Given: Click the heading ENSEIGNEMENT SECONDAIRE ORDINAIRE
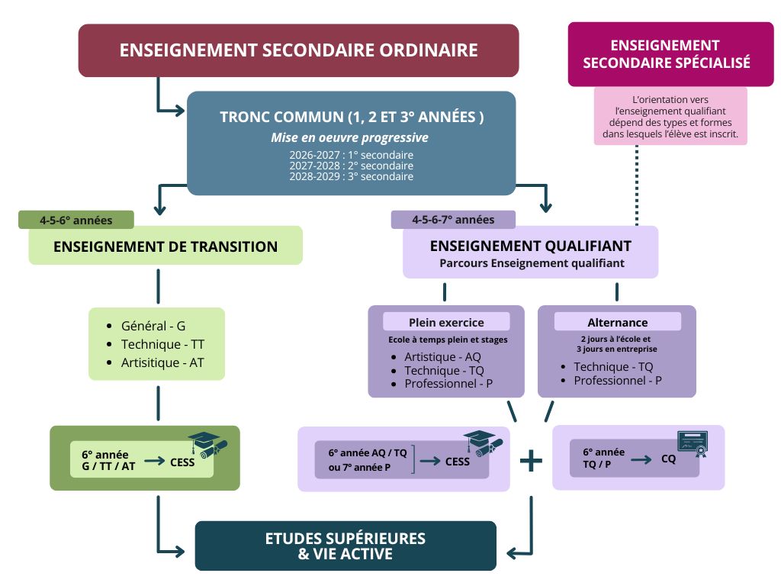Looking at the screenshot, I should pyautogui.click(x=298, y=50).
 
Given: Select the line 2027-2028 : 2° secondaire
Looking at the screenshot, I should pyautogui.click(x=351, y=166).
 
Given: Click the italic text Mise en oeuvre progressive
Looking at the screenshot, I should pyautogui.click(x=349, y=138).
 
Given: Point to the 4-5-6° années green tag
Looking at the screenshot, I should pyautogui.click(x=76, y=221).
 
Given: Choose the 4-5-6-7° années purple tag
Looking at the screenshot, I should pyautogui.click(x=453, y=220).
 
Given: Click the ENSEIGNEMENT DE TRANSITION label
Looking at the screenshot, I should pyautogui.click(x=166, y=246).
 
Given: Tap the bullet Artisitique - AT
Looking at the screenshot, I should pyautogui.click(x=162, y=362).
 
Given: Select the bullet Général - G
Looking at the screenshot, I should pyautogui.click(x=153, y=326).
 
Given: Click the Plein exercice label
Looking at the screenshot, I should pyautogui.click(x=446, y=322).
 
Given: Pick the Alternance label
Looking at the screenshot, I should pyautogui.click(x=617, y=322).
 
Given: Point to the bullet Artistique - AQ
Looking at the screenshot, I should pyautogui.click(x=442, y=356).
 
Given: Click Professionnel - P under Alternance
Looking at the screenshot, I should pyautogui.click(x=618, y=381).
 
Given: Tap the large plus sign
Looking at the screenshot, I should pyautogui.click(x=531, y=461).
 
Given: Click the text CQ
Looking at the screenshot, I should pyautogui.click(x=668, y=459).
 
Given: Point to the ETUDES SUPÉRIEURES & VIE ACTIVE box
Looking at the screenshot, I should pyautogui.click(x=346, y=546).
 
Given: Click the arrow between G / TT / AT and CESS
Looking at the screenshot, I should pyautogui.click(x=153, y=462).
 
